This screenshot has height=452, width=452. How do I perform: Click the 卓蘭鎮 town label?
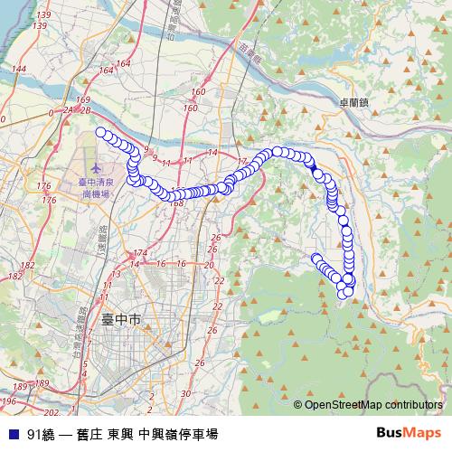[x=353, y=104]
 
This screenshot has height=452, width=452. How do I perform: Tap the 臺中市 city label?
[x=121, y=320]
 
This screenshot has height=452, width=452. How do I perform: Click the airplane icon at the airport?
[x=97, y=168]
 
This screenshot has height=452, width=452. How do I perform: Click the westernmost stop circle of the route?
[x=101, y=134]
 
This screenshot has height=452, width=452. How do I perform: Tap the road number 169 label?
[x=84, y=99]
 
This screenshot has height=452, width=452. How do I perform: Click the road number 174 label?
[x=139, y=253]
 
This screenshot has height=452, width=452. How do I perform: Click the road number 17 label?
[x=241, y=161]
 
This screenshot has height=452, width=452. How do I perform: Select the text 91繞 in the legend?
[x=41, y=433]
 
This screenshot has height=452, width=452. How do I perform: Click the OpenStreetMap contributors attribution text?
[x=373, y=405]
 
